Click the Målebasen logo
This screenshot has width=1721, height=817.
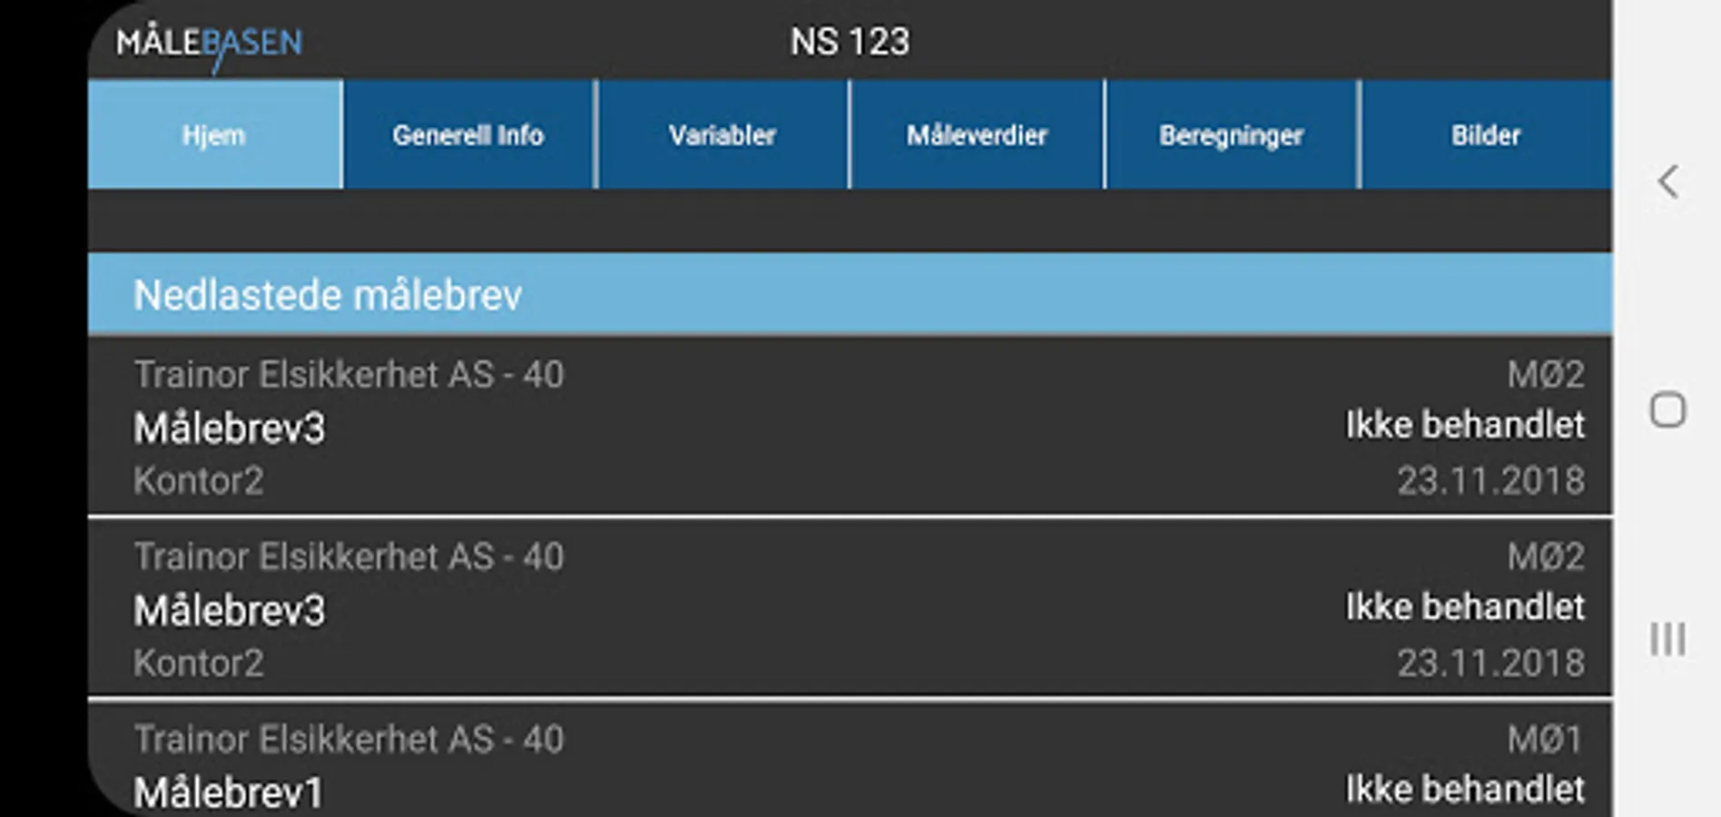(x=210, y=44)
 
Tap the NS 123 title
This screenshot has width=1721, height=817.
(x=850, y=42)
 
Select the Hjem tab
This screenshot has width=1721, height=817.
(x=214, y=135)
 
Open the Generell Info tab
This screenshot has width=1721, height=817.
(x=468, y=135)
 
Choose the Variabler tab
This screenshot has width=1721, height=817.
(x=723, y=135)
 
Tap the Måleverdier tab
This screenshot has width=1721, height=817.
(x=977, y=135)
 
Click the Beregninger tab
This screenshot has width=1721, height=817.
(x=1231, y=135)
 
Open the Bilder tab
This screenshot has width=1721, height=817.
(x=1485, y=135)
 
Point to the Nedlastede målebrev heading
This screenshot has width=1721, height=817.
(x=328, y=295)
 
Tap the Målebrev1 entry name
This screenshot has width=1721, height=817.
(x=229, y=792)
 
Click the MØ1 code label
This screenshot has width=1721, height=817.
(x=1545, y=739)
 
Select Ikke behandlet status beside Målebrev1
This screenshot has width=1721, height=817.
(x=1464, y=789)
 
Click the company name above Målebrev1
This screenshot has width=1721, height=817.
(x=349, y=739)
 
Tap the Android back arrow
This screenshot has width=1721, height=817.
(x=1667, y=182)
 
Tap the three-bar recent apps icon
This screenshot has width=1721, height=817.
(x=1667, y=639)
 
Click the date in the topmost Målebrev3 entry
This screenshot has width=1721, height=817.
(x=1490, y=480)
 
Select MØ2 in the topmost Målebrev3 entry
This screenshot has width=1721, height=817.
(x=1546, y=374)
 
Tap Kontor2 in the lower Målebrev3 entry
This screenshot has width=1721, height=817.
(x=199, y=663)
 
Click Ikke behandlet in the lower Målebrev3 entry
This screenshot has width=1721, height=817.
(x=1464, y=607)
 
